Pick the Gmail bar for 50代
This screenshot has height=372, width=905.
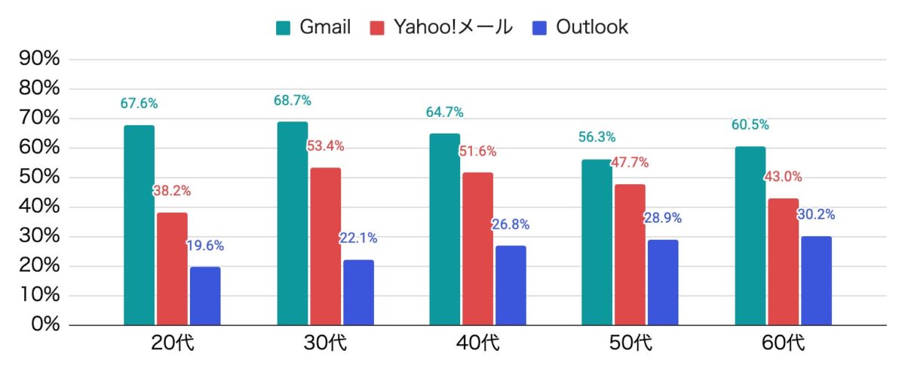tap(597, 241)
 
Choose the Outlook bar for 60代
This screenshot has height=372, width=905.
tap(816, 281)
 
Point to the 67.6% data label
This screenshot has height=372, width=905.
tap(139, 104)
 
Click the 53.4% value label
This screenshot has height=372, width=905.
tap(325, 146)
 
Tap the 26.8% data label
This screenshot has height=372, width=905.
tap(511, 225)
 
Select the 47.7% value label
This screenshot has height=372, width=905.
tap(629, 163)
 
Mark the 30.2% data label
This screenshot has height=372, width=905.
tap(816, 215)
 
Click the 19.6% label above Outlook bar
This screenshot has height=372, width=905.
tap(205, 246)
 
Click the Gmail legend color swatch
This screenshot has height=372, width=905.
tap(284, 28)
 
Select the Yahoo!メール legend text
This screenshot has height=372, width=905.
tap(452, 28)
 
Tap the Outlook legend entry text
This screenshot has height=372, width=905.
tap(592, 28)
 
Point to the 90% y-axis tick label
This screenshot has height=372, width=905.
tap(38, 59)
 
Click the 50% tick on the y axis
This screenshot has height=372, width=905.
tap(38, 177)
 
